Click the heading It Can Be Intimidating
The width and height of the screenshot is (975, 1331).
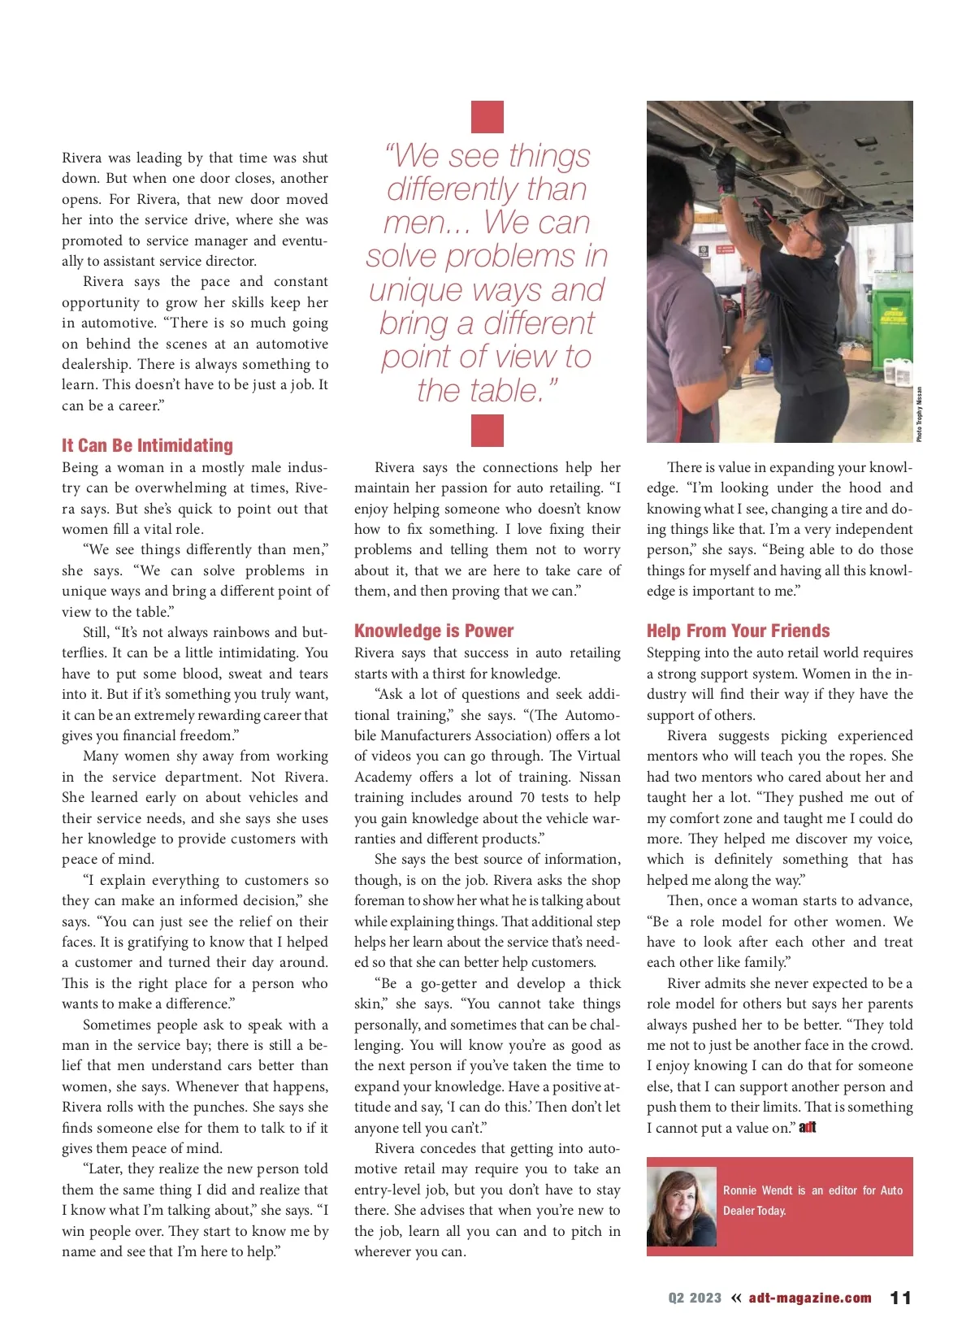(147, 445)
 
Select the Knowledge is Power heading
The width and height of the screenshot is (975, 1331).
(434, 631)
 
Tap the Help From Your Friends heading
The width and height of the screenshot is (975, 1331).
(738, 631)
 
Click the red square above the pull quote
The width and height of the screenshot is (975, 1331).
(487, 117)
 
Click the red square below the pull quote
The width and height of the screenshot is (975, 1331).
(487, 431)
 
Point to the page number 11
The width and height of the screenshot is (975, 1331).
(900, 1298)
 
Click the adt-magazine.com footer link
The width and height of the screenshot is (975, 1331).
(809, 1298)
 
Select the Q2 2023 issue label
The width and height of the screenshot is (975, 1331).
(695, 1298)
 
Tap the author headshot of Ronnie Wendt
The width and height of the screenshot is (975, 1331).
(682, 1207)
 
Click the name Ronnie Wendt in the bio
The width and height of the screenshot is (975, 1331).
(757, 1190)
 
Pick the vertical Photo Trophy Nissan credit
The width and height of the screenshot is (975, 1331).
(919, 414)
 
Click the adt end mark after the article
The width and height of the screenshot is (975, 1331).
(807, 1128)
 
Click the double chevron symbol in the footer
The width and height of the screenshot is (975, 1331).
(736, 1298)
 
